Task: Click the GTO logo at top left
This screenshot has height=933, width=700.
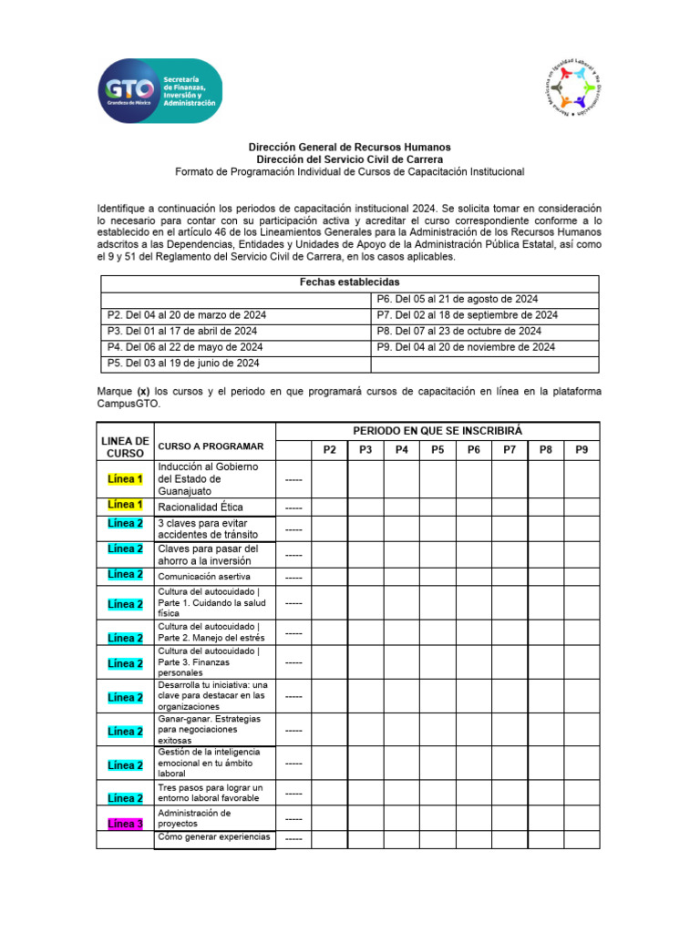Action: point(159,92)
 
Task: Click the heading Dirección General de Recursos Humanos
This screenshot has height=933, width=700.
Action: point(350,147)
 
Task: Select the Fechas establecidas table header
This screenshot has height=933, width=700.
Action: point(349,283)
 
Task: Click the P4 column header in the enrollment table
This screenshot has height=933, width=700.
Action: point(401,450)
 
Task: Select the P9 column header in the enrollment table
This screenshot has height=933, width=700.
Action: point(582,450)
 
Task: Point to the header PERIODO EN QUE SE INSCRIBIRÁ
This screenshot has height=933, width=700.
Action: point(437,430)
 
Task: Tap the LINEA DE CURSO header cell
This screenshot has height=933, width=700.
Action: point(125,446)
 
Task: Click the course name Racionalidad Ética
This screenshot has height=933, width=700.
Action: point(200,507)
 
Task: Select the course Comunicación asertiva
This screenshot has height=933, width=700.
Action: point(203,577)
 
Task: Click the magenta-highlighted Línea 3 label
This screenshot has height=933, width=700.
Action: point(125,825)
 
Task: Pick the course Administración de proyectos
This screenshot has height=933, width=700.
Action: point(194,817)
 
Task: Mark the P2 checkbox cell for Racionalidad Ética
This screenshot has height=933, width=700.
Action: point(329,507)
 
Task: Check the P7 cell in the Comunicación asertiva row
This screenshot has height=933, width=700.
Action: point(510,576)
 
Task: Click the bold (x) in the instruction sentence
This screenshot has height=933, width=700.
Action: point(143,391)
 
